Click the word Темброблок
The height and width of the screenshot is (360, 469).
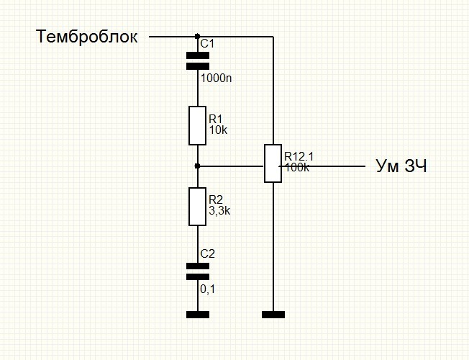pos(86,37)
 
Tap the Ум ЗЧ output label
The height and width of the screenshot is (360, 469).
pos(401,166)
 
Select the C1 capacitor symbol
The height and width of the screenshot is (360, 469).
pos(198,60)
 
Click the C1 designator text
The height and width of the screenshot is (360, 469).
pos(207,44)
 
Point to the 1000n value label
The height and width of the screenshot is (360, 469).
pos(216,78)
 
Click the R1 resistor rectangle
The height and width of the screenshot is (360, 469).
pos(197,125)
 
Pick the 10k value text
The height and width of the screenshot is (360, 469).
pos(218,130)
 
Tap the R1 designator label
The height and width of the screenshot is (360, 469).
pos(215,120)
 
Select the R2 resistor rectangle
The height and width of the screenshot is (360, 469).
pos(197,207)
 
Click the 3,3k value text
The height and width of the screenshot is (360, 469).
pos(219,211)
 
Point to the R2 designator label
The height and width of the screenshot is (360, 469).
pos(216,199)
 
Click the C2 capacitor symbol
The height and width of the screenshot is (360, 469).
pos(198,271)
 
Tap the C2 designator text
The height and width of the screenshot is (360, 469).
pos(208,254)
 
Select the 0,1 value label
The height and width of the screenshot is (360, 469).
pos(208,289)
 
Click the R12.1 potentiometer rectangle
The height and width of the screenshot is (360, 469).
pos(273,163)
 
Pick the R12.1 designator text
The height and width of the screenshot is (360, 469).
pos(299,156)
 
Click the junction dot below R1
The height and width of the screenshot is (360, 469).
pos(197,166)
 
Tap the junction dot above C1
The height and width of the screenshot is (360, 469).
pos(197,36)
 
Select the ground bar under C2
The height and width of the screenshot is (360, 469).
pos(198,315)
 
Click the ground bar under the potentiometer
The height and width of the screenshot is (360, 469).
pos(273,315)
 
